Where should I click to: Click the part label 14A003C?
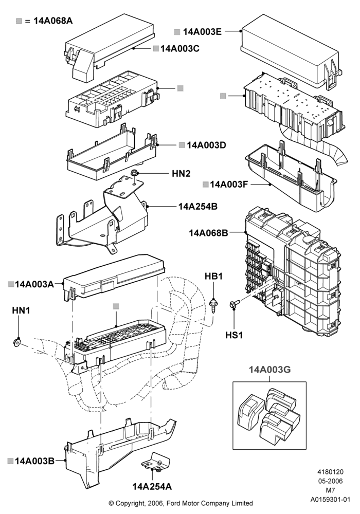pyautogui.click(x=179, y=48)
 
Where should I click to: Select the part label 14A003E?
pyautogui.click(x=202, y=31)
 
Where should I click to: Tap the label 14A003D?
pyautogui.click(x=207, y=145)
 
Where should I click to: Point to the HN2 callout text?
pyautogui.click(x=181, y=173)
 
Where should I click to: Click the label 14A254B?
pyautogui.click(x=198, y=207)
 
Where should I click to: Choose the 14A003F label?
pyautogui.click(x=229, y=184)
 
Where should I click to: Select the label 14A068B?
pyautogui.click(x=208, y=233)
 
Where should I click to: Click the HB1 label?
pyautogui.click(x=214, y=277)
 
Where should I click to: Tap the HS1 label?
pyautogui.click(x=234, y=335)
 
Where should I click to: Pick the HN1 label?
pyautogui.click(x=21, y=310)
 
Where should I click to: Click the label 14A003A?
pyautogui.click(x=34, y=284)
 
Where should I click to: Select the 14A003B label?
pyautogui.click(x=35, y=461)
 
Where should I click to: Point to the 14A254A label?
pyautogui.click(x=152, y=487)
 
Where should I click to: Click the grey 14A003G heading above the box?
pyautogui.click(x=270, y=370)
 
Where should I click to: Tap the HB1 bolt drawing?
pyautogui.click(x=214, y=304)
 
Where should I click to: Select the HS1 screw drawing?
pyautogui.click(x=235, y=304)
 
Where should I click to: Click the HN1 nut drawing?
pyautogui.click(x=17, y=342)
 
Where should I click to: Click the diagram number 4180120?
pyautogui.click(x=331, y=472)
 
